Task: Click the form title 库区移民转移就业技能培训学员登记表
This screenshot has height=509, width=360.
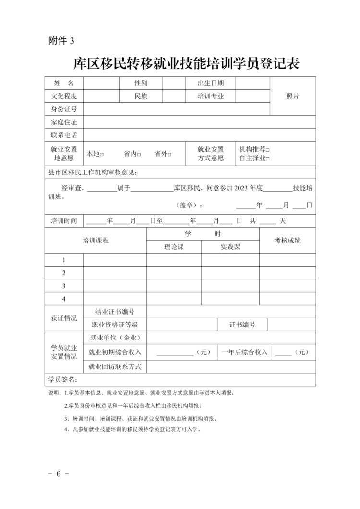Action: (x=186, y=63)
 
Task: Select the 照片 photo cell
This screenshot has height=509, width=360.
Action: (x=293, y=96)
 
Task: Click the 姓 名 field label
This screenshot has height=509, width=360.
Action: (x=64, y=83)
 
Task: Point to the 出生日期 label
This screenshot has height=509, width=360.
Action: (x=211, y=83)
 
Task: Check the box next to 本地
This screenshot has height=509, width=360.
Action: (x=102, y=154)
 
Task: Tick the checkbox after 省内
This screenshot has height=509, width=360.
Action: (x=139, y=154)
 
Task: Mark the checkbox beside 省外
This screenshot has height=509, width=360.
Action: (x=170, y=154)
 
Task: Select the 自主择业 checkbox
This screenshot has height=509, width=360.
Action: (x=268, y=158)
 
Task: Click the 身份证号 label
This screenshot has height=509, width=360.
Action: (x=64, y=109)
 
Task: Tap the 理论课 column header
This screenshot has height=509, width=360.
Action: (x=174, y=247)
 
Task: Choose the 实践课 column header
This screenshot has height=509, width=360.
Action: (x=230, y=247)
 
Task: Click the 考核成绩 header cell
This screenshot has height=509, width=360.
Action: (x=288, y=240)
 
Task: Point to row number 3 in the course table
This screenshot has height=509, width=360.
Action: (x=64, y=286)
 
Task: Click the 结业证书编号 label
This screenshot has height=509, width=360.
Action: (x=115, y=312)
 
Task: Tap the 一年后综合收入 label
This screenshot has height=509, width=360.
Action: (x=244, y=352)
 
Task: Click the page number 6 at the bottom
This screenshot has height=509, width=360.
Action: (x=59, y=473)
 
